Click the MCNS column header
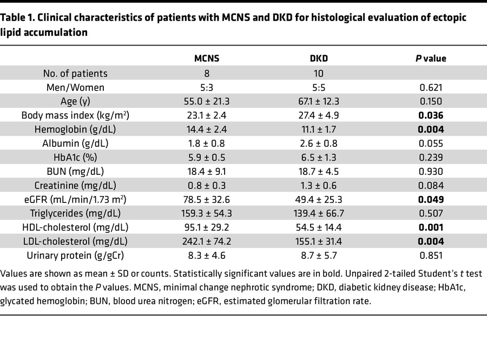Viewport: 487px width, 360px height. point(207,58)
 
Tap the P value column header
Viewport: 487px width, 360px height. point(431,58)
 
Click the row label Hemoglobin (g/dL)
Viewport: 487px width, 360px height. point(75,129)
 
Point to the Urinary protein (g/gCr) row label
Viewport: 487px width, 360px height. point(75,256)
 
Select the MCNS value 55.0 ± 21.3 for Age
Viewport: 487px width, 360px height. point(207,101)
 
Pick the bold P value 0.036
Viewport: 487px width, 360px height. point(431,115)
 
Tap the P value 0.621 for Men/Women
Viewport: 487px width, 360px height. point(431,87)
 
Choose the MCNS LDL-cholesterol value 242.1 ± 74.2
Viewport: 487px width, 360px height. point(207,242)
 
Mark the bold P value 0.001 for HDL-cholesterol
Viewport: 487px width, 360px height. point(431,228)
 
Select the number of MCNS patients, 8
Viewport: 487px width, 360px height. point(207,73)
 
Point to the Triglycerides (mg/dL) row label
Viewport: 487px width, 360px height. point(75,214)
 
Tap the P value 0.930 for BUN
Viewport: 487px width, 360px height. point(431,172)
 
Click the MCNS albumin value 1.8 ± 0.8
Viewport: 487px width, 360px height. point(207,143)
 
